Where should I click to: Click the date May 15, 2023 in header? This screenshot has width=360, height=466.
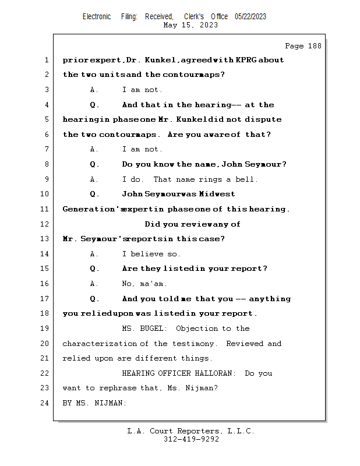pos(191,25)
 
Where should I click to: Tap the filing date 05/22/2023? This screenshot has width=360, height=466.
pos(250,16)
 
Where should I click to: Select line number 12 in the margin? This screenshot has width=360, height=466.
pos(46,224)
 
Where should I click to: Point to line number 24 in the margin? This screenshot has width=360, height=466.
pos(46,403)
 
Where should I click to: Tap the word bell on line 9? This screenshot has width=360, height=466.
pos(246,179)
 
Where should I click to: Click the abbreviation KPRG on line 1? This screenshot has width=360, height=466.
pos(250,60)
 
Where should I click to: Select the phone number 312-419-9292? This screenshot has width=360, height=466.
pos(191,440)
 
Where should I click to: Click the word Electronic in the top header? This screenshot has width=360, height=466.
pos(97,16)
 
